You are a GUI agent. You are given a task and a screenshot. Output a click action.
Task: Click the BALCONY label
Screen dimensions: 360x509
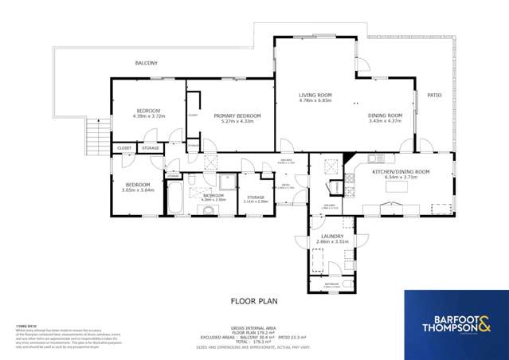pyautogui.click(x=146, y=63)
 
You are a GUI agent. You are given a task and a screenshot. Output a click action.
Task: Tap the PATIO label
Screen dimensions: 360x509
pyautogui.click(x=434, y=95)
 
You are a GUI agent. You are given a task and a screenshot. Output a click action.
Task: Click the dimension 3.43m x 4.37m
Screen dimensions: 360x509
pyautogui.click(x=386, y=121)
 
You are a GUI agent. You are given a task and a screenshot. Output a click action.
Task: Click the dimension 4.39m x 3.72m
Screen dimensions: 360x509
pyautogui.click(x=148, y=116)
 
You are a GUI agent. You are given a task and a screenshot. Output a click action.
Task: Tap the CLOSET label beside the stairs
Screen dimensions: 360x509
pyautogui.click(x=124, y=148)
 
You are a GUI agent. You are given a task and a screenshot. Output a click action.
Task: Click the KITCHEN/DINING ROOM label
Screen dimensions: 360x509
pyautogui.click(x=401, y=172)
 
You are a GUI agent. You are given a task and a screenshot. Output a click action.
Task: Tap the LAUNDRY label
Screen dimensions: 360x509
pyautogui.click(x=332, y=237)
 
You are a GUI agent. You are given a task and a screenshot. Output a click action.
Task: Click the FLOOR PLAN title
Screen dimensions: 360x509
pyautogui.click(x=254, y=302)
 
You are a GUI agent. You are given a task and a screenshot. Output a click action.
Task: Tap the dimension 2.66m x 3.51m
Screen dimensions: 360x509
pyautogui.click(x=332, y=242)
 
